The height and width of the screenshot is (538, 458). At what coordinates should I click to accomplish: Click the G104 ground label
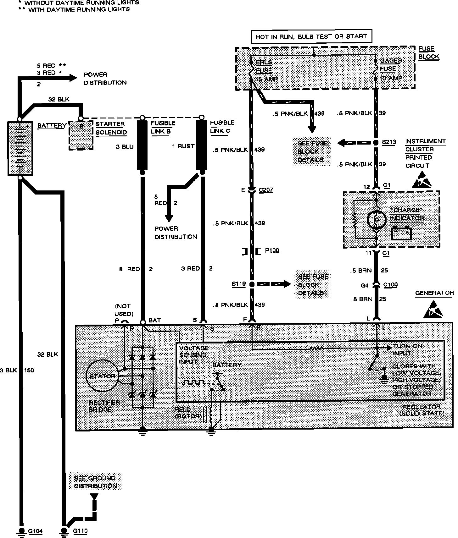coord(35,531)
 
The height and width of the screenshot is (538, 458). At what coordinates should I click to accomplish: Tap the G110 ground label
coord(80,531)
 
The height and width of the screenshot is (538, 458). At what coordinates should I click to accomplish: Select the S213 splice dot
coord(376,142)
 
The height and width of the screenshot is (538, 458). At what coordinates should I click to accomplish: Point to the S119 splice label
coord(238,284)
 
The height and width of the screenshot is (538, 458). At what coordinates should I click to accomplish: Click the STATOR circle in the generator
coord(102,376)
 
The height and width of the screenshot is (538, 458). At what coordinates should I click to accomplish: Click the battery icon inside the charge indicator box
coord(401,233)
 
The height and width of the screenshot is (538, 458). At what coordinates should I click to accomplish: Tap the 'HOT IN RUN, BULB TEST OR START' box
coord(311,36)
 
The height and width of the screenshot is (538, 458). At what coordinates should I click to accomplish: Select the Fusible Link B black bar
coord(142,145)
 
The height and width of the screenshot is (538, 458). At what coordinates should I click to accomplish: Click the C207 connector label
coord(266,190)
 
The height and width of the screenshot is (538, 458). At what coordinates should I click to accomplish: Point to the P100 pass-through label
coord(272,250)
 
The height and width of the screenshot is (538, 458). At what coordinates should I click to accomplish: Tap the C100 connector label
coord(390,285)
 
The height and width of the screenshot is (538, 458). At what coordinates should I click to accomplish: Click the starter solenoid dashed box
coord(81,135)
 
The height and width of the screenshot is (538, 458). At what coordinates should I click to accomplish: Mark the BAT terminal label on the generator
coord(154,320)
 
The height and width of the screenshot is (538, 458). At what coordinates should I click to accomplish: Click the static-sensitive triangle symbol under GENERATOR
coord(434,308)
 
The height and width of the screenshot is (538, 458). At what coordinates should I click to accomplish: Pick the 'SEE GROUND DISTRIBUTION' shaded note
coord(95,482)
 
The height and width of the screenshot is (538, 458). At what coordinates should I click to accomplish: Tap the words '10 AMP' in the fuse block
coord(391,78)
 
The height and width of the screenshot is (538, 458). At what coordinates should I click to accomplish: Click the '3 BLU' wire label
coord(125,146)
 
